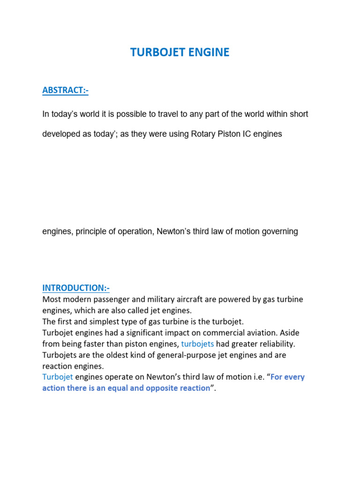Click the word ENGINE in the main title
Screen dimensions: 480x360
point(209,52)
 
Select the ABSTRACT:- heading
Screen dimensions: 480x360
point(65,90)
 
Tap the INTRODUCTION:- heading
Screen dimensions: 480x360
point(76,287)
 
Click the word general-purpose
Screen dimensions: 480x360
point(178,355)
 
